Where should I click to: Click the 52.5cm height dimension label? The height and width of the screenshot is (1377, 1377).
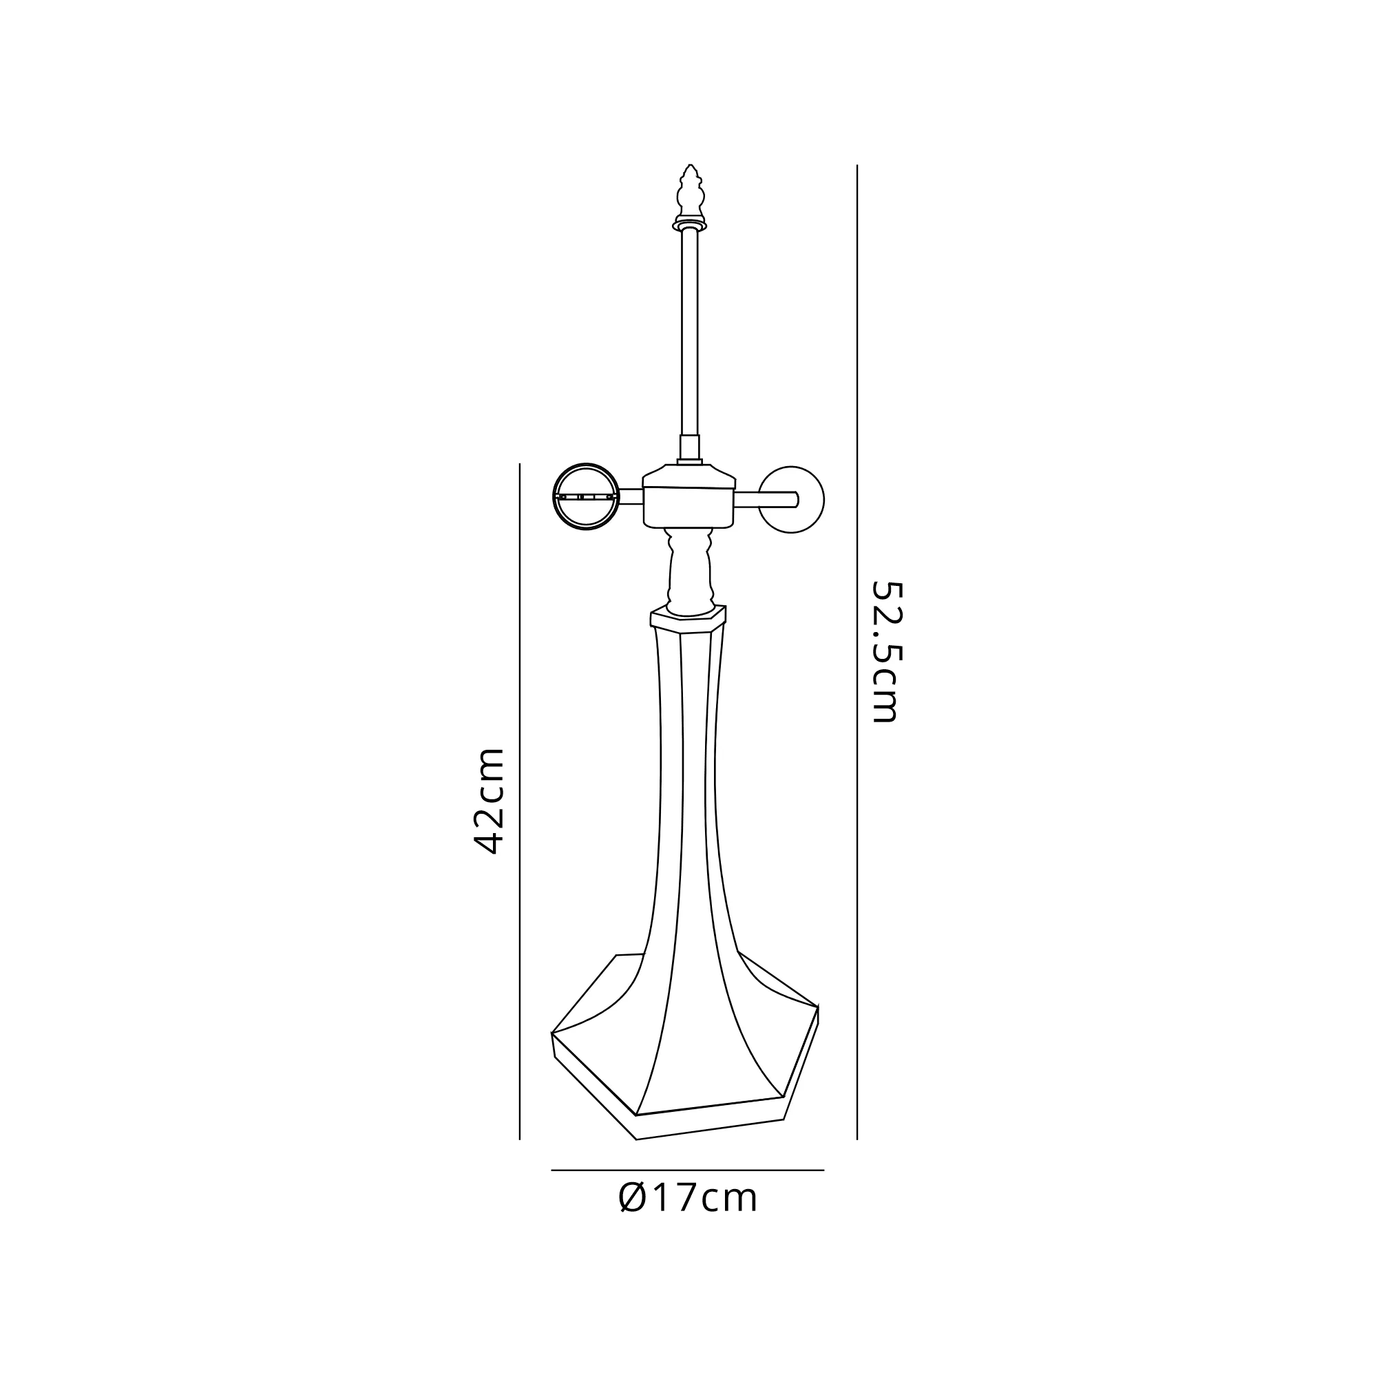[x=887, y=653]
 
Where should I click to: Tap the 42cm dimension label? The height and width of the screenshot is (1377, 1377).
[x=489, y=801]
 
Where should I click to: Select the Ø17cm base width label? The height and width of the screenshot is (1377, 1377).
[x=688, y=1198]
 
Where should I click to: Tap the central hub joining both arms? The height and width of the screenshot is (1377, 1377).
[x=688, y=497]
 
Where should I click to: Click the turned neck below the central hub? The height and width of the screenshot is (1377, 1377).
[x=690, y=571]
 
